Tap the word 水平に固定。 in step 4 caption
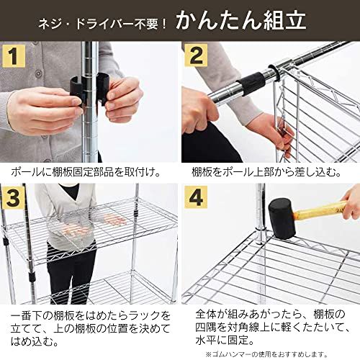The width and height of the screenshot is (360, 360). [223, 341]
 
